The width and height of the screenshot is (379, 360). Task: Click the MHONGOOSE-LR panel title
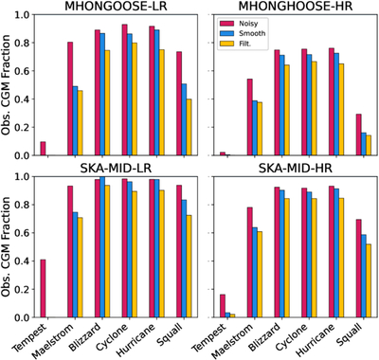(x=116, y=6)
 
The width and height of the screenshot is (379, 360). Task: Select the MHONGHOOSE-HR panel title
(x=296, y=6)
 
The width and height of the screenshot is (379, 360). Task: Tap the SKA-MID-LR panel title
(x=116, y=169)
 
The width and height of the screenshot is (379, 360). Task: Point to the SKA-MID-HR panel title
(x=296, y=169)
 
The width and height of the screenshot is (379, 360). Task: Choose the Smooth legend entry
(x=243, y=33)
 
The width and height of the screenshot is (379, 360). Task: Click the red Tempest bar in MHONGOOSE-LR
(x=43, y=149)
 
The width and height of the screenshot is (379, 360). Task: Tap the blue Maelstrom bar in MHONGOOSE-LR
(x=75, y=120)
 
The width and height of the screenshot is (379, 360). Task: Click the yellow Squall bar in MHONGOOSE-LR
(x=189, y=127)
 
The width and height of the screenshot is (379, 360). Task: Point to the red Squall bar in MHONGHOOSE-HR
(x=358, y=135)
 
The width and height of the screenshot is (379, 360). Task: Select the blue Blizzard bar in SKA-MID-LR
(x=102, y=247)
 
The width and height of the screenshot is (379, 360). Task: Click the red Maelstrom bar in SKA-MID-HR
(x=250, y=262)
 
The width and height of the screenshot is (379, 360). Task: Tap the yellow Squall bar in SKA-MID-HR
(x=369, y=280)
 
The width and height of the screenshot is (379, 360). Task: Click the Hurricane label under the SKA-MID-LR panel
(x=136, y=339)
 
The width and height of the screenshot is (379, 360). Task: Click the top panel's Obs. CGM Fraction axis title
(x=6, y=84)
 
